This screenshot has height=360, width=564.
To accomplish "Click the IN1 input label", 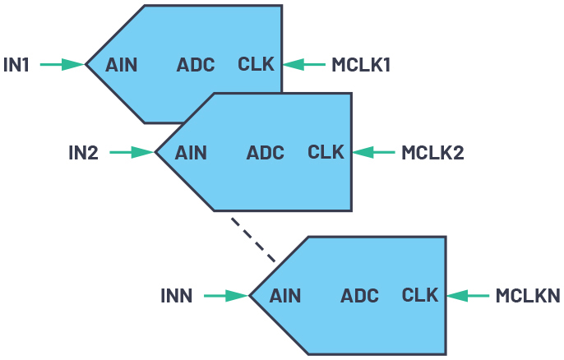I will [16, 64].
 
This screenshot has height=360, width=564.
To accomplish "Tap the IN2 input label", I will [83, 152].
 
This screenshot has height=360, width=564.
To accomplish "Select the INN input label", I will [177, 295].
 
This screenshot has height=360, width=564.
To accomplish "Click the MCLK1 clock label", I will [360, 64].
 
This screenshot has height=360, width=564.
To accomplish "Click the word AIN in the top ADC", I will [122, 64].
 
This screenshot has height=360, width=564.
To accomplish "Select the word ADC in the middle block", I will [266, 152].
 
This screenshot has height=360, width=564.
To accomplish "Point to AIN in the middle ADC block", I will [192, 152].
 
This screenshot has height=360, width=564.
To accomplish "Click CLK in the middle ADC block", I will [326, 152].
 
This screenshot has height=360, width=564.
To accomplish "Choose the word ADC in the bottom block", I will [359, 295].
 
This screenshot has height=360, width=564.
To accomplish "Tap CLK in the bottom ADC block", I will [421, 295].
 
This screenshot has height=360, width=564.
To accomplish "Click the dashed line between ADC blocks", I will [252, 239].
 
